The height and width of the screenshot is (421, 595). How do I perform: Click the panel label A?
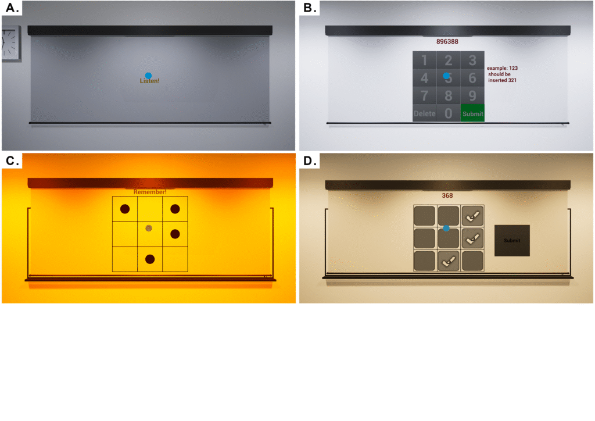point(12,8)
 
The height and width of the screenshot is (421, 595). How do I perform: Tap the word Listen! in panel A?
point(149,81)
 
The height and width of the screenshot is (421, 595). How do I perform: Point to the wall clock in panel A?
point(10,43)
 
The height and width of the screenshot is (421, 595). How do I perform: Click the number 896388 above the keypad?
point(447,41)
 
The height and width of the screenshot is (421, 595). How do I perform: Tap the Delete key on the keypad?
point(425,113)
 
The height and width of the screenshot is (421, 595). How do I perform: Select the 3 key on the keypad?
point(472,60)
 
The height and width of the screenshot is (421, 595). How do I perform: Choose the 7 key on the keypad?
point(425,95)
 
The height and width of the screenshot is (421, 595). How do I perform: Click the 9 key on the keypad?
point(472,95)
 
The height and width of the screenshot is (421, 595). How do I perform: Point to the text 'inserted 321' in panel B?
point(502,80)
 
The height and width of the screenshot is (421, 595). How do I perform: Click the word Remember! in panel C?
point(150,192)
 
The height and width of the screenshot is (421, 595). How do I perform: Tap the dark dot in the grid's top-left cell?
point(125,209)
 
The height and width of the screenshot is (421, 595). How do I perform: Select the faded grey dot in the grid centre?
point(149,228)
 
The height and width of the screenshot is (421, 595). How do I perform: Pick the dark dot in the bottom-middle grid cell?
point(150,259)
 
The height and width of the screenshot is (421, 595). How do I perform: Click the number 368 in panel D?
point(447,195)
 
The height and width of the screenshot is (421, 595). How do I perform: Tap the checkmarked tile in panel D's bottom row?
point(449,261)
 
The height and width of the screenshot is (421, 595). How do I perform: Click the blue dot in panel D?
point(446,228)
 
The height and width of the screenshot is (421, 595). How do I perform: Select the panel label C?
point(12,160)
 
